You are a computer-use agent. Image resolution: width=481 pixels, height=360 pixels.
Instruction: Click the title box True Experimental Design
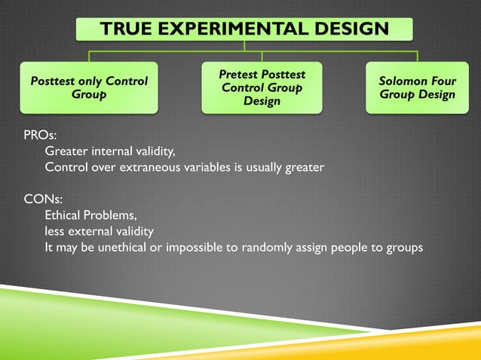click(x=244, y=29)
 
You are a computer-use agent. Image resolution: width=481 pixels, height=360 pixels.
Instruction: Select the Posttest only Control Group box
click(x=89, y=87)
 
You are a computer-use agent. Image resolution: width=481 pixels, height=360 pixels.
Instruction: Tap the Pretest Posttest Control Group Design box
click(x=262, y=87)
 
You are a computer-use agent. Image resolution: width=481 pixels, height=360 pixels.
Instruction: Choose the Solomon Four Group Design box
click(x=417, y=87)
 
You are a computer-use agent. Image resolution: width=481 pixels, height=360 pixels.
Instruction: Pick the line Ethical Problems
click(x=90, y=215)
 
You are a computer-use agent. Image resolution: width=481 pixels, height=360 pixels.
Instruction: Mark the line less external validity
click(x=99, y=230)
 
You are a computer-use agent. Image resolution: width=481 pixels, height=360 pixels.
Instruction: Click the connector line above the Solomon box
click(x=417, y=56)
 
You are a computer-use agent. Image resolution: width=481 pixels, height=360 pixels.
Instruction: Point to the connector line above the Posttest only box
click(x=89, y=56)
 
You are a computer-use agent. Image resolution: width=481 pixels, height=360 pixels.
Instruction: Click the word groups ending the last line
click(x=404, y=246)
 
